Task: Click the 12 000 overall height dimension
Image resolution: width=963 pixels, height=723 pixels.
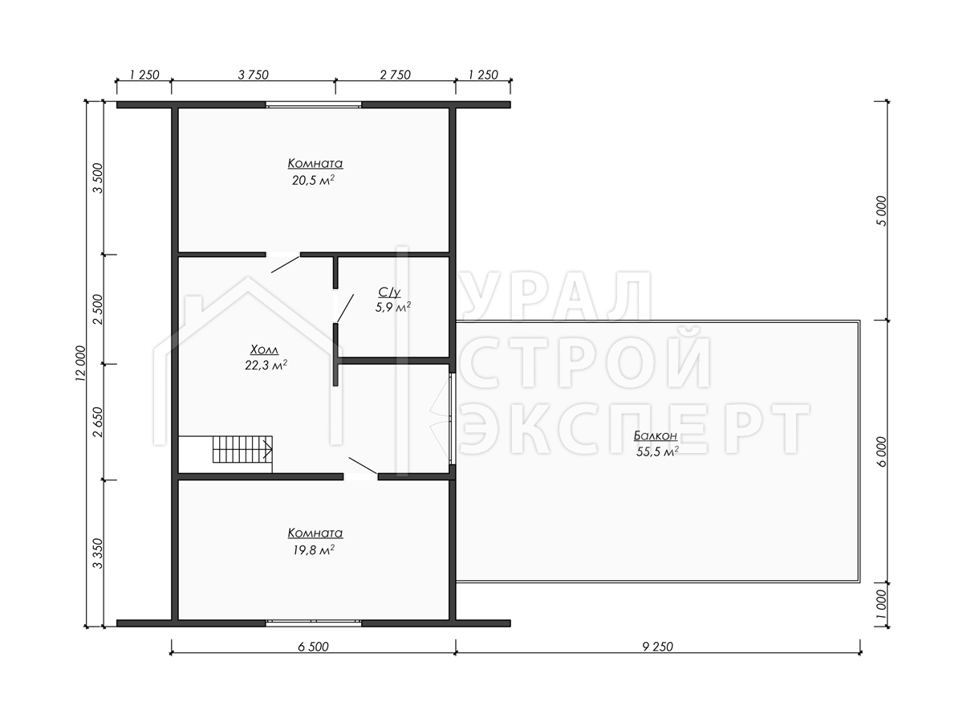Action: (x=81, y=363)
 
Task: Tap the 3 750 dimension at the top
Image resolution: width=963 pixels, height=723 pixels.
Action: (x=253, y=75)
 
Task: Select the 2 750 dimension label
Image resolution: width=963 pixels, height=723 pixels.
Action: (x=396, y=75)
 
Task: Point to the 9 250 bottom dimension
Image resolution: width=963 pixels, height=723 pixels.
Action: (x=657, y=647)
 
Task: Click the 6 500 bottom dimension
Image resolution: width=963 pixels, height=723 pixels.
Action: (x=313, y=647)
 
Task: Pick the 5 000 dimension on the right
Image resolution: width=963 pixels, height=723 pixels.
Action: (x=881, y=211)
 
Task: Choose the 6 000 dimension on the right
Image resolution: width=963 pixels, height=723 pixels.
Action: (x=881, y=451)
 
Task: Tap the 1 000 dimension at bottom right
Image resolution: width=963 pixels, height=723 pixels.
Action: (x=881, y=604)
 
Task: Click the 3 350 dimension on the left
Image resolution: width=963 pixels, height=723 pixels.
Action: (x=98, y=553)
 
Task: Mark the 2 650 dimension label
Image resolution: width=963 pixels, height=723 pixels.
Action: (x=98, y=422)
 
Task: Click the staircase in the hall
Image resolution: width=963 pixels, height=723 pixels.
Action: (x=242, y=449)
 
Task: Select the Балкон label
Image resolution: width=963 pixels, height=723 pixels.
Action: (x=656, y=436)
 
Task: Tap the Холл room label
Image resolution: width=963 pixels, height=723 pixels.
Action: (x=264, y=350)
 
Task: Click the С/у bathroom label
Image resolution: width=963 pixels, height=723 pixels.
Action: (x=389, y=292)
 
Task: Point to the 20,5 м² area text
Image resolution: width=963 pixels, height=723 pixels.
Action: (x=314, y=180)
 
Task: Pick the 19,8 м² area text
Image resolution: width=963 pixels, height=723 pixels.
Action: (x=314, y=549)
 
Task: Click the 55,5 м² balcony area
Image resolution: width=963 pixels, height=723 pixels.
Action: (x=657, y=451)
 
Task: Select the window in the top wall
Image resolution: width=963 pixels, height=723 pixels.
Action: (x=314, y=105)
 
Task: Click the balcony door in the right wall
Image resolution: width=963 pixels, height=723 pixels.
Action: (x=453, y=419)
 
